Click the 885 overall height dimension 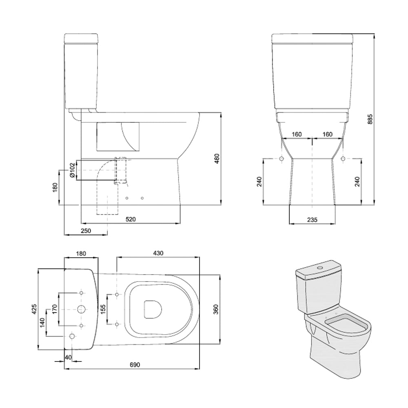370,119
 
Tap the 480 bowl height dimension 217,158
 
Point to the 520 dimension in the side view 131,220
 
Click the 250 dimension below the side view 86,231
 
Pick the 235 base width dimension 312,220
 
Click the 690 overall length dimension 135,365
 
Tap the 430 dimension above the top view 158,253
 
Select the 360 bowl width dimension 216,309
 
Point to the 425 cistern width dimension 35,309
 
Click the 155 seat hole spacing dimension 103,309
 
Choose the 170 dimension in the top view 55,309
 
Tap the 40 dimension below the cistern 68,357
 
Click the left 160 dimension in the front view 297,134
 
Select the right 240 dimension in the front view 357,182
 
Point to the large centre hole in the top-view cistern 82,309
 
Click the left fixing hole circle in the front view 281,159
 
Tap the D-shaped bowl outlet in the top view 153,310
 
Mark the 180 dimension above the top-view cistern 81,253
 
